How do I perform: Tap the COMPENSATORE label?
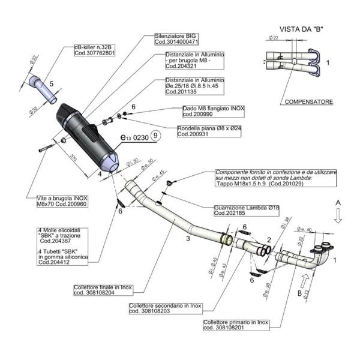tap(308, 102)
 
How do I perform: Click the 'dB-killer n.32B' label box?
tap(94, 50)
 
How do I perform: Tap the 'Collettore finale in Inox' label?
tap(102, 290)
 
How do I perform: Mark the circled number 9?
tap(155, 137)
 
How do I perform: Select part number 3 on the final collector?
tap(170, 238)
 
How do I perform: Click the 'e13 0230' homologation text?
tap(134, 138)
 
